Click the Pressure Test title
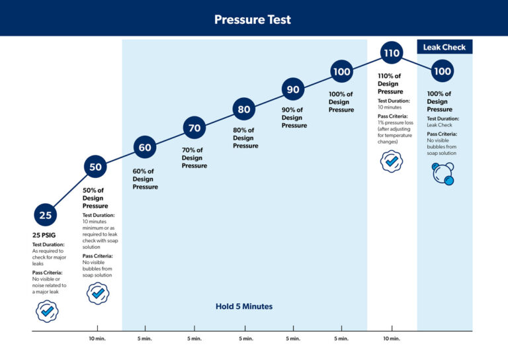point(253,19)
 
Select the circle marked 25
point(45,215)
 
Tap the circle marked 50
point(96,167)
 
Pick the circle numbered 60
point(145,148)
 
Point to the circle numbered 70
point(194,128)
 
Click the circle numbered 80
point(244,109)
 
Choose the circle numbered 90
point(292,89)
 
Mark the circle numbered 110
point(392,53)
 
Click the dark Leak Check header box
point(444,47)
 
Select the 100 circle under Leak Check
point(442,71)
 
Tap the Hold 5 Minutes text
point(244,306)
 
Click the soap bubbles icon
point(443,173)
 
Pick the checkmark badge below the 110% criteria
point(392,161)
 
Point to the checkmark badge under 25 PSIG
point(47,310)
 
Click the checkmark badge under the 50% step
point(98,292)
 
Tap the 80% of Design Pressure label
point(245,138)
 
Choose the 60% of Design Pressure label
point(145,179)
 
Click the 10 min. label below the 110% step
point(391,339)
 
